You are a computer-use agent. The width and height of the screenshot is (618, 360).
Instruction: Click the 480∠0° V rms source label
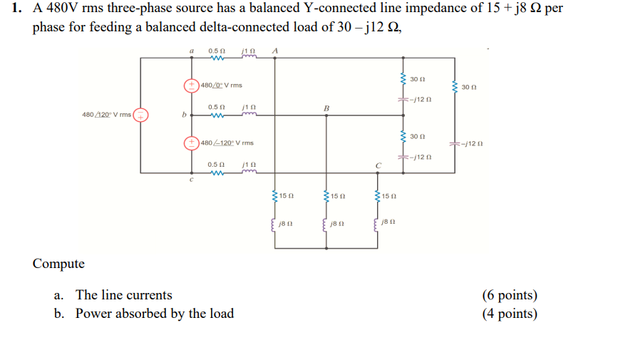221,86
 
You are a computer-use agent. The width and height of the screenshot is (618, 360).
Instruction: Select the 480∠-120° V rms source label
227,143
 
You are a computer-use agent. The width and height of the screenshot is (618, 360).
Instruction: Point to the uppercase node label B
326,108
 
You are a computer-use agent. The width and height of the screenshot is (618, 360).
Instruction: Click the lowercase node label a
190,51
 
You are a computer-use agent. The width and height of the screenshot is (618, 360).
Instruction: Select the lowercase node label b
184,114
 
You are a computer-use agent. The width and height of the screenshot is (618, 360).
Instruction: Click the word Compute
58,264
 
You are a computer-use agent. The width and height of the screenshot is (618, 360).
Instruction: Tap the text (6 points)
509,295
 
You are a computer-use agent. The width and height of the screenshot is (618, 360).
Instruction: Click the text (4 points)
509,314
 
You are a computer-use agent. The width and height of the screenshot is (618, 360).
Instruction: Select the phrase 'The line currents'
123,295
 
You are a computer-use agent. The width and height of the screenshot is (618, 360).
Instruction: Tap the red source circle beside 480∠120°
142,114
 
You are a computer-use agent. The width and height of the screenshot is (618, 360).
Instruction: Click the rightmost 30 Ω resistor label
468,88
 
